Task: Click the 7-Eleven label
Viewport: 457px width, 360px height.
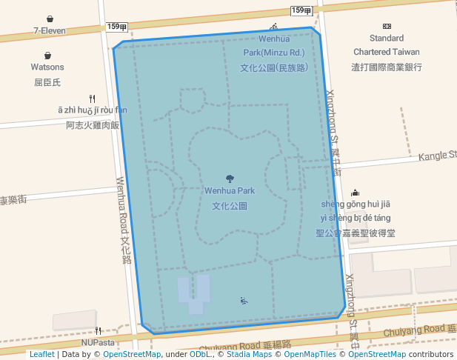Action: [50, 31]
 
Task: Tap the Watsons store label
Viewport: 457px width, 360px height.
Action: [47, 67]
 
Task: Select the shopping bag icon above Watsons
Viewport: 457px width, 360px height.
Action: [47, 56]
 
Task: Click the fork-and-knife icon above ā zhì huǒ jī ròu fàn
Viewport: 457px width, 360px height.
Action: [92, 98]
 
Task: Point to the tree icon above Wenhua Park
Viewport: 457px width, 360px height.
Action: [230, 178]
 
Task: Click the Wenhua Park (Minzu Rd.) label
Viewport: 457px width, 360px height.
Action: [273, 53]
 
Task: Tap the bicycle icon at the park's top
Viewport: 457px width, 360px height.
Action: [274, 27]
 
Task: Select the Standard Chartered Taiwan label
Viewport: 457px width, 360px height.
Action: [387, 44]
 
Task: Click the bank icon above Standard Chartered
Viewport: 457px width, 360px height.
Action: [387, 26]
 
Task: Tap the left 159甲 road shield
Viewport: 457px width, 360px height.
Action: [117, 27]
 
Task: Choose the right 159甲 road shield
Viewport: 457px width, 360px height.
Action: [301, 10]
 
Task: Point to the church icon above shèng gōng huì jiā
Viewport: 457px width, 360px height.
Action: [355, 193]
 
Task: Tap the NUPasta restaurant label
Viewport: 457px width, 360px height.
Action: [99, 343]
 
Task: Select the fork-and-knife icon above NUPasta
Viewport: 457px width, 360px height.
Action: [98, 331]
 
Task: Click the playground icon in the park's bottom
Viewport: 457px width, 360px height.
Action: [244, 300]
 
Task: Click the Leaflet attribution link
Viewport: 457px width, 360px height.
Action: [42, 354]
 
